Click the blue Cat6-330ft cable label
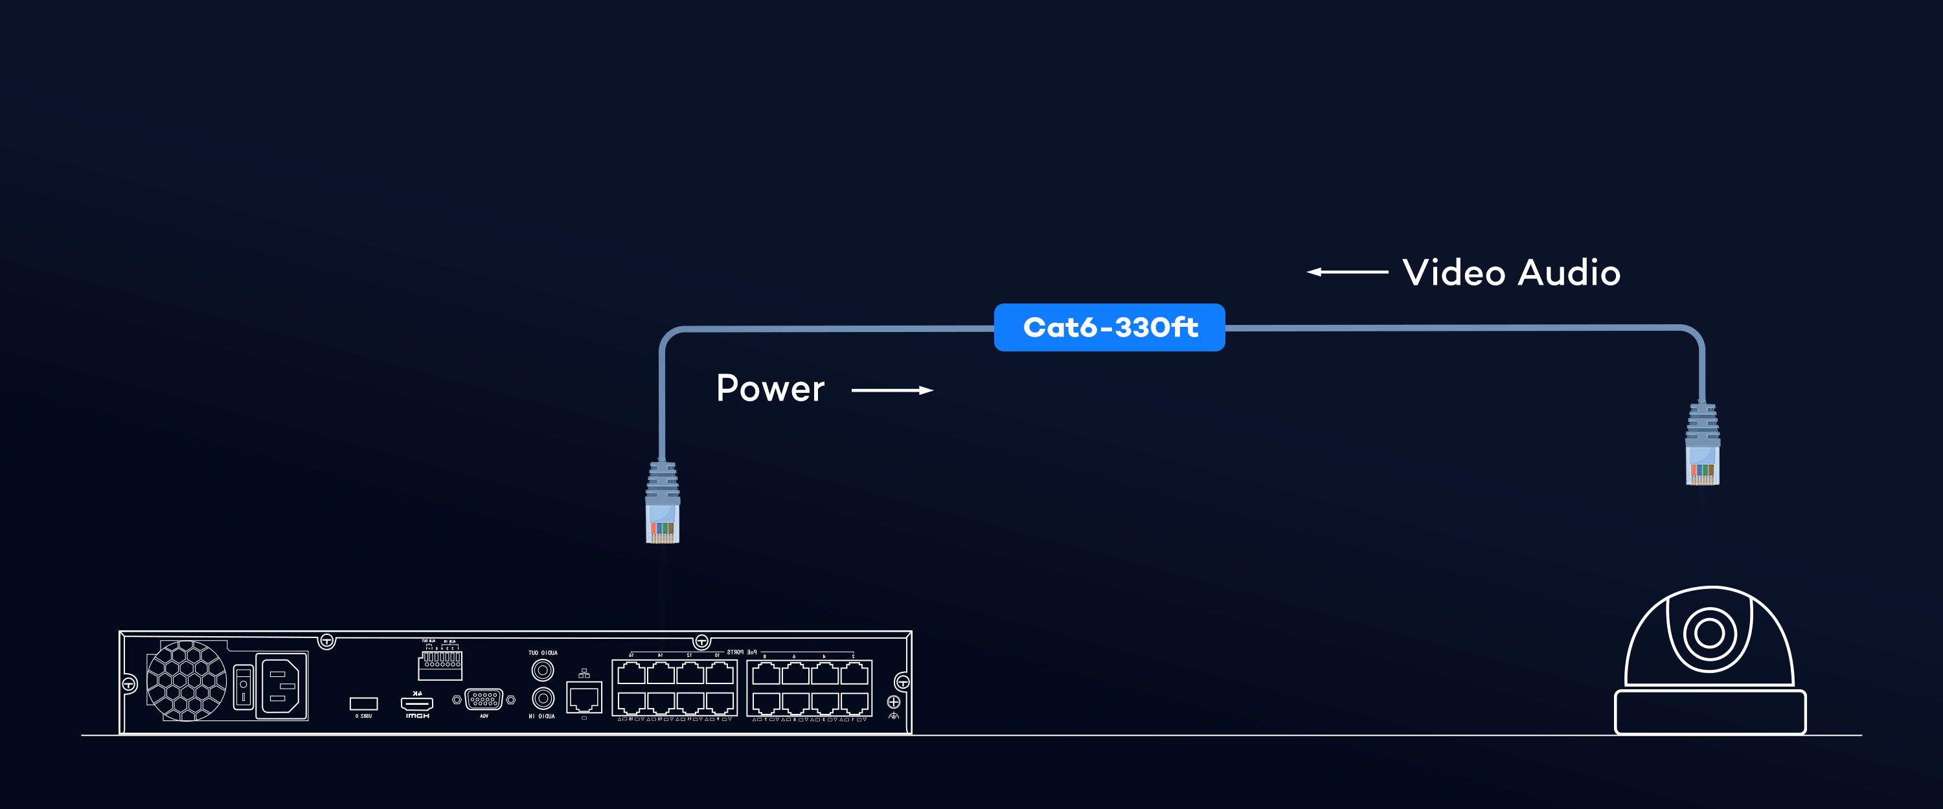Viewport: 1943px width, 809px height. point(1109,327)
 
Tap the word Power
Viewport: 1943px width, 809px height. point(769,389)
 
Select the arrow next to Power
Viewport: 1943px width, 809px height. point(892,390)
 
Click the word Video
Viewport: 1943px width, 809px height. point(1453,273)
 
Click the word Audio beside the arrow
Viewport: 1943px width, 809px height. point(1569,273)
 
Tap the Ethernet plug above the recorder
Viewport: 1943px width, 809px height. point(663,504)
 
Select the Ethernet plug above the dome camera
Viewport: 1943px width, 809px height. point(1702,445)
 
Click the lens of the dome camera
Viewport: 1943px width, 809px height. point(1709,632)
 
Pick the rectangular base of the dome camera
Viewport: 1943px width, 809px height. point(1710,711)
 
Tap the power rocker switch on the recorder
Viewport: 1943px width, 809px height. point(243,685)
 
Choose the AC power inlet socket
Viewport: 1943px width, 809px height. point(282,686)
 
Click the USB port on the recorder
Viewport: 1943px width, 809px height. point(363,704)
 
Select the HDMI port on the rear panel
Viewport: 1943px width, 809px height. point(416,704)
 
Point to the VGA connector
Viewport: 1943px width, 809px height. point(484,700)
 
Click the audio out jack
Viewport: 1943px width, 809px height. point(542,669)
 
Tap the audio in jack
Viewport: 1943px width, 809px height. point(542,699)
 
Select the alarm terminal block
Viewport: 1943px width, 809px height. point(440,663)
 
